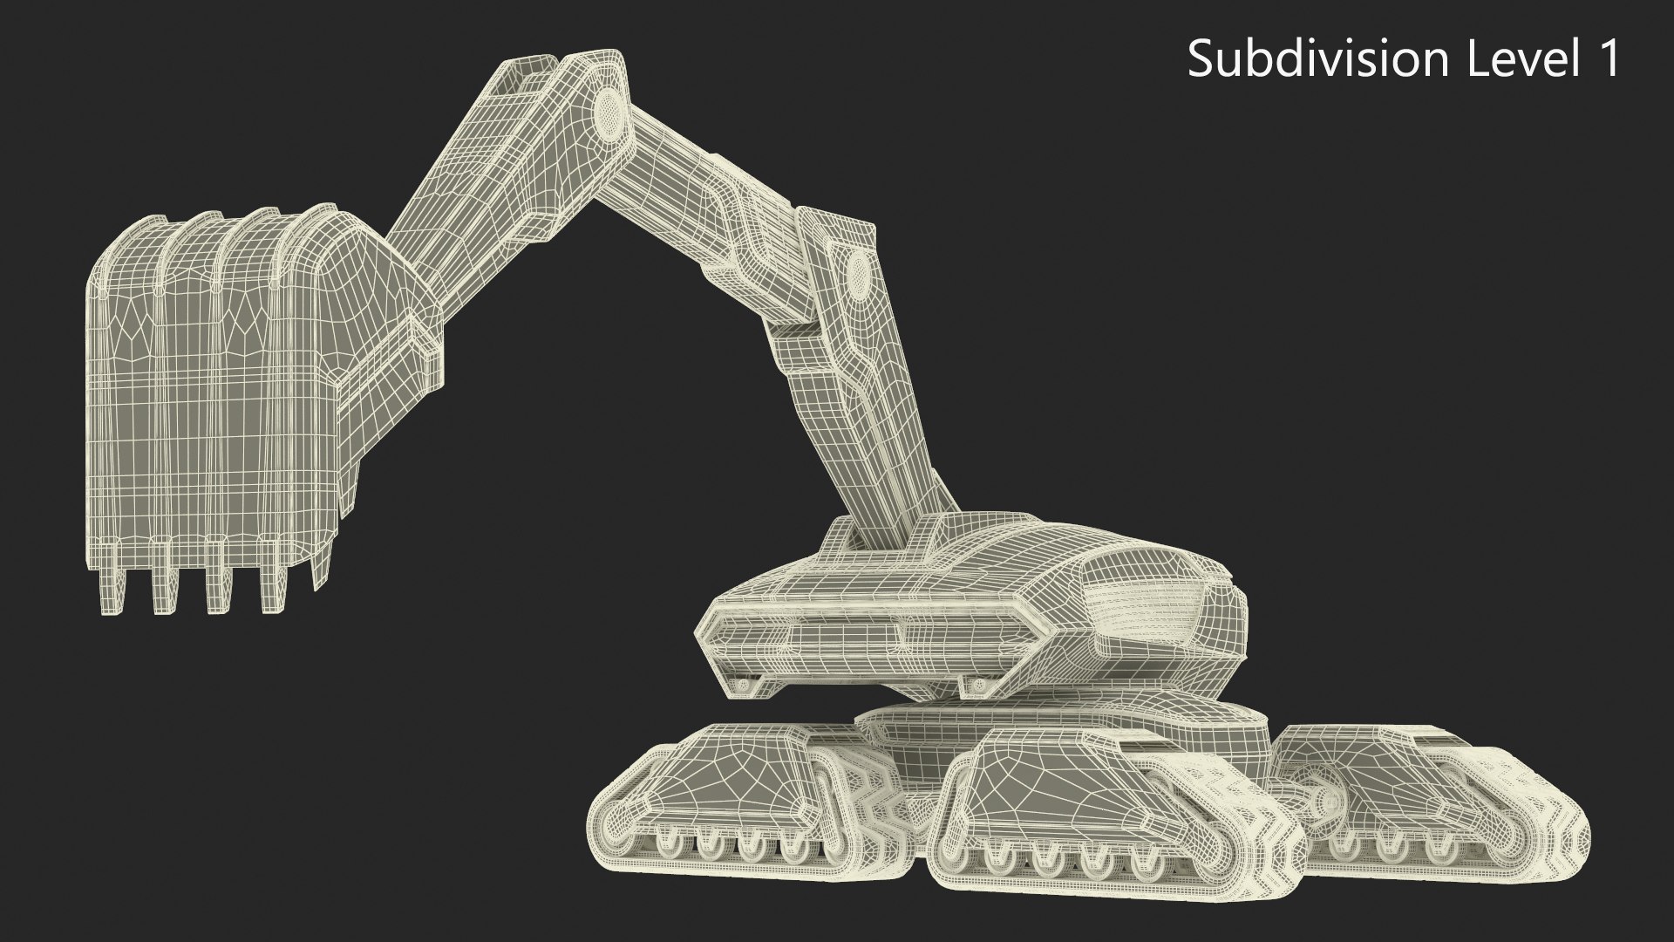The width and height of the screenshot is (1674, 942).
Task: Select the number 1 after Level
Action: (x=1607, y=59)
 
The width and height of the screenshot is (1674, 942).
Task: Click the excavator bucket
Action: (x=218, y=375)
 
